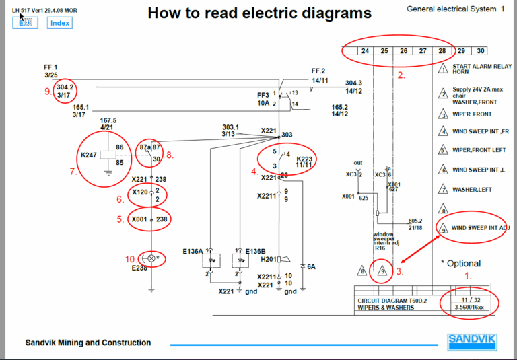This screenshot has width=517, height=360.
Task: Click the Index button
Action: coord(59,23)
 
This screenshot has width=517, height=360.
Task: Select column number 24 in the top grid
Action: coord(365,51)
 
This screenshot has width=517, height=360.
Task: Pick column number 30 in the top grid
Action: coord(480,51)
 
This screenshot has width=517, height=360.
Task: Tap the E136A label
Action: coord(192,251)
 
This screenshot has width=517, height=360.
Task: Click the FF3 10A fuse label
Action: coord(263,99)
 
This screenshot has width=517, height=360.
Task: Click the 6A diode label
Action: coord(312,266)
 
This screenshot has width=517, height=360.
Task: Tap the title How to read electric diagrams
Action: coord(259,13)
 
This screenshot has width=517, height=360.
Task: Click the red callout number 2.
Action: coord(401,75)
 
